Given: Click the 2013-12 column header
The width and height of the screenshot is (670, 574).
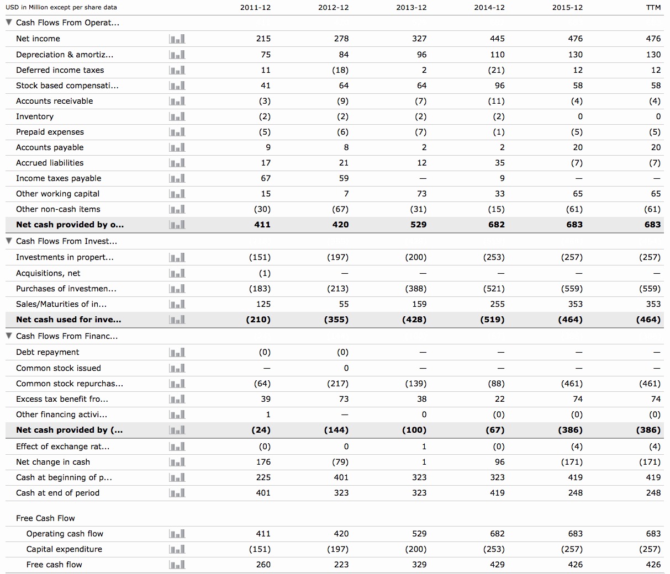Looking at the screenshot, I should [412, 8].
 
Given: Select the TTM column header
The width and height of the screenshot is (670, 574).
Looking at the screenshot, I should [653, 8].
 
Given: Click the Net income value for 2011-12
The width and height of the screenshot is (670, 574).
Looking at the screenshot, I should [263, 39].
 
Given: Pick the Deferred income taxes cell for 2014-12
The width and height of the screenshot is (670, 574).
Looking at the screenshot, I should [497, 70].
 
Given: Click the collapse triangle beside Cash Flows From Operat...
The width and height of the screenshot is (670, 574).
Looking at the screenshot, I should [9, 23].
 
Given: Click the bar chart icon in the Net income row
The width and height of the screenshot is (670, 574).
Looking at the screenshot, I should [177, 39].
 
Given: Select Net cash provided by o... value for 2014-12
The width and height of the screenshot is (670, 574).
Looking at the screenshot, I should [497, 225].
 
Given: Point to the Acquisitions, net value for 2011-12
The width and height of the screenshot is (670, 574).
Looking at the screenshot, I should [265, 273].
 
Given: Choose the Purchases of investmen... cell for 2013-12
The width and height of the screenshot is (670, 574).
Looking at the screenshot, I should [415, 289].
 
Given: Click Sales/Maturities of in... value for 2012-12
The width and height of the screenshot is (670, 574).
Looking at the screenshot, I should [341, 304].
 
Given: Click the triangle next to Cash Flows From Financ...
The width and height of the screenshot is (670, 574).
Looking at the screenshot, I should [9, 336].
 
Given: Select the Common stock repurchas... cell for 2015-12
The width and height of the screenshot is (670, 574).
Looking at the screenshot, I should [571, 384].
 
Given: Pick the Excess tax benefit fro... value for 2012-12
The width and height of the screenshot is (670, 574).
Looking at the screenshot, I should [343, 399].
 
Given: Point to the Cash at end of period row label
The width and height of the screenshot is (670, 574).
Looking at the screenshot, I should [57, 493].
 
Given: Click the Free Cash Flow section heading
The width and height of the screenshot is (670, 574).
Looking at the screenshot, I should [45, 518].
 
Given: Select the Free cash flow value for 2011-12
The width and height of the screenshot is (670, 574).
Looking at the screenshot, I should [263, 565].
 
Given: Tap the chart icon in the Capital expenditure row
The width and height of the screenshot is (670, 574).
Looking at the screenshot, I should [177, 549].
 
